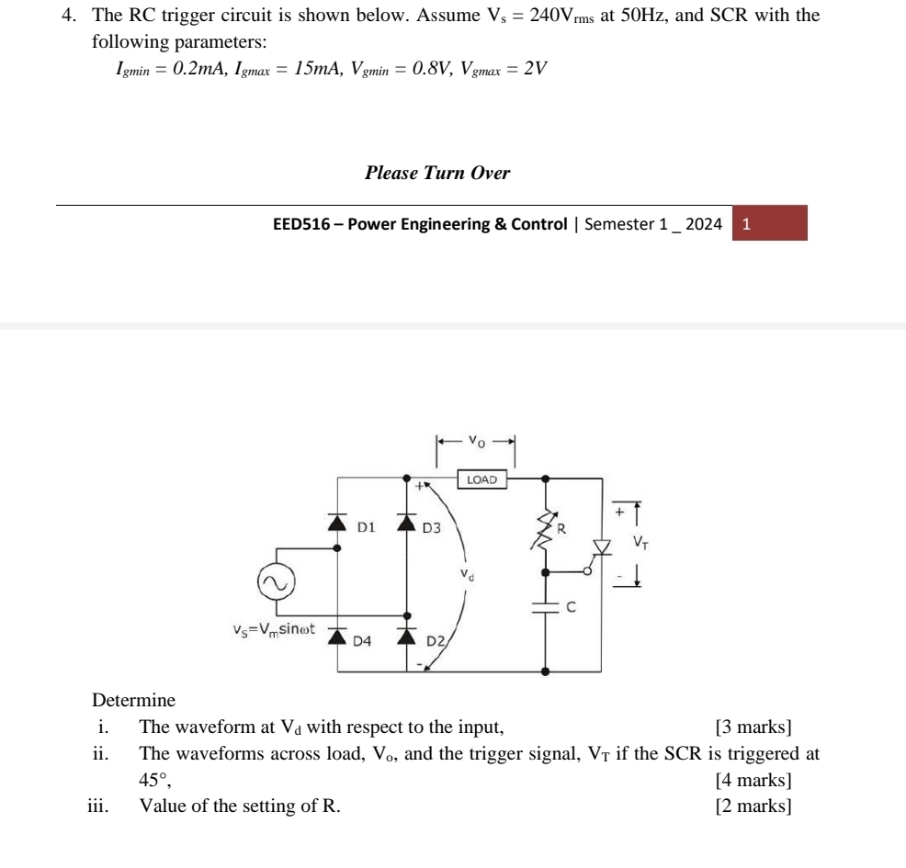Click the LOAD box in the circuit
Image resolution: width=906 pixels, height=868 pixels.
coord(482,479)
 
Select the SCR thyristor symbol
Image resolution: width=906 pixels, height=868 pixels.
coord(603,547)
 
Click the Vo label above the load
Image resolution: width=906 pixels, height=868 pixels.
coord(474,440)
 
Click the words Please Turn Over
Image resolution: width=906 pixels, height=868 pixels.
coord(437,173)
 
